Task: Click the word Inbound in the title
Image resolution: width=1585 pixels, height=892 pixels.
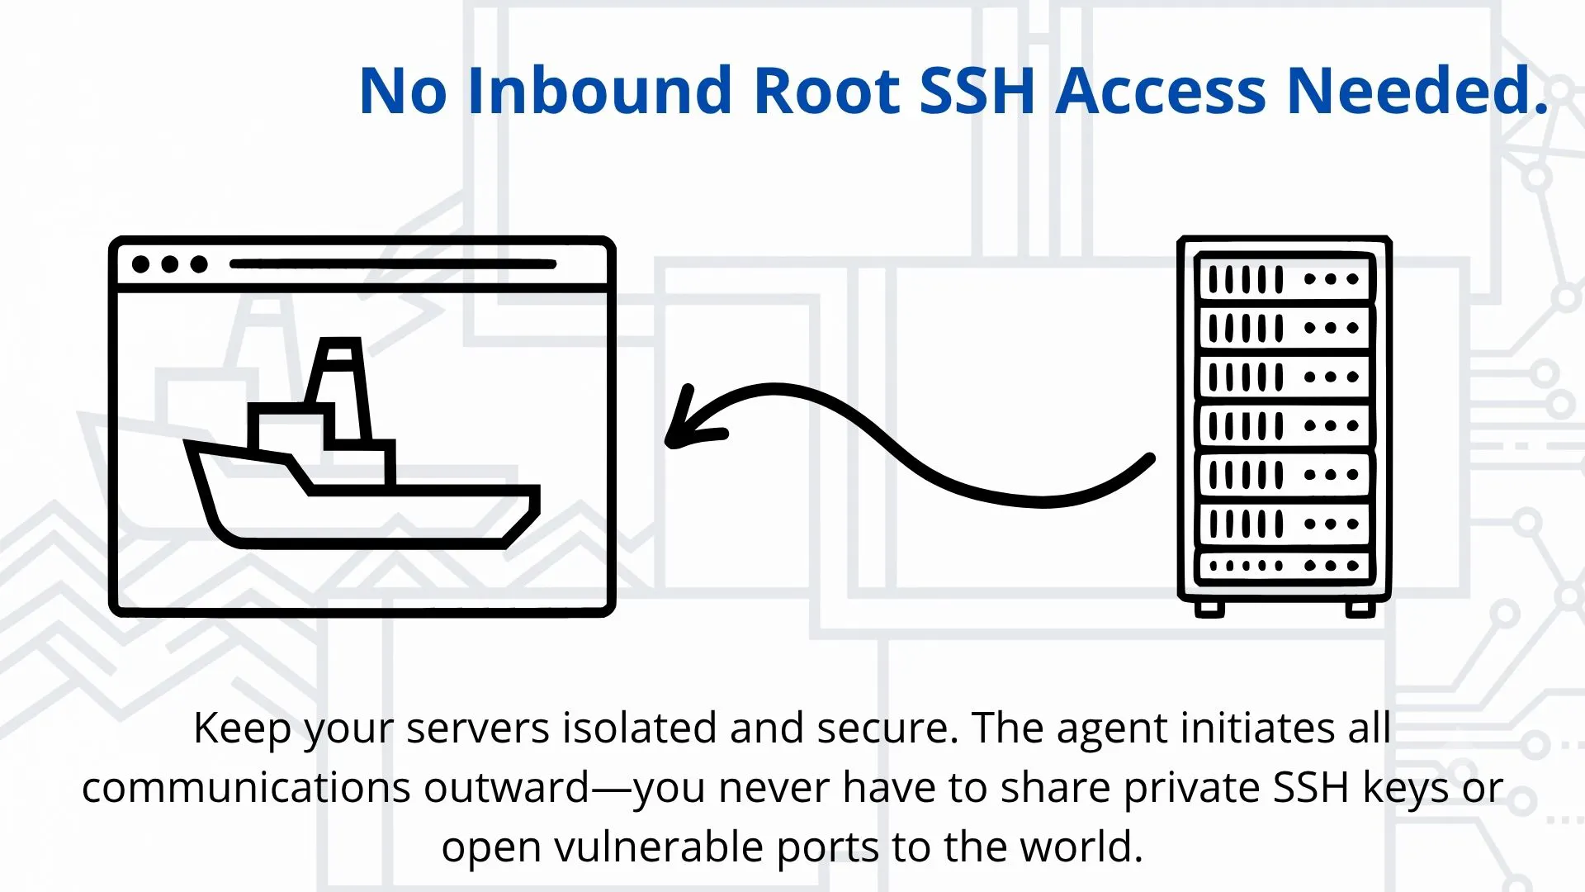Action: [x=599, y=90]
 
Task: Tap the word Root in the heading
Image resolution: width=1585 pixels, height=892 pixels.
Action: [x=826, y=90]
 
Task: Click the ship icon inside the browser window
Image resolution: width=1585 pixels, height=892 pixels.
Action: [x=362, y=443]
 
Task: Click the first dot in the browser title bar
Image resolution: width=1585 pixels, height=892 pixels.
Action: [x=140, y=264]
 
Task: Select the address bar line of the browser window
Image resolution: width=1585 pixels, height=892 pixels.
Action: [x=393, y=264]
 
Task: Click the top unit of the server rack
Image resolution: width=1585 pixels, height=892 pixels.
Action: [x=1285, y=278]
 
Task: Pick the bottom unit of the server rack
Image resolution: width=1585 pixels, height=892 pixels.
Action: [x=1285, y=566]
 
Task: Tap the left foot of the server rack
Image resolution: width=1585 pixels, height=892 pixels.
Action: [x=1209, y=609]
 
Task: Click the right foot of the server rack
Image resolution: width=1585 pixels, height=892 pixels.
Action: [x=1360, y=609]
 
